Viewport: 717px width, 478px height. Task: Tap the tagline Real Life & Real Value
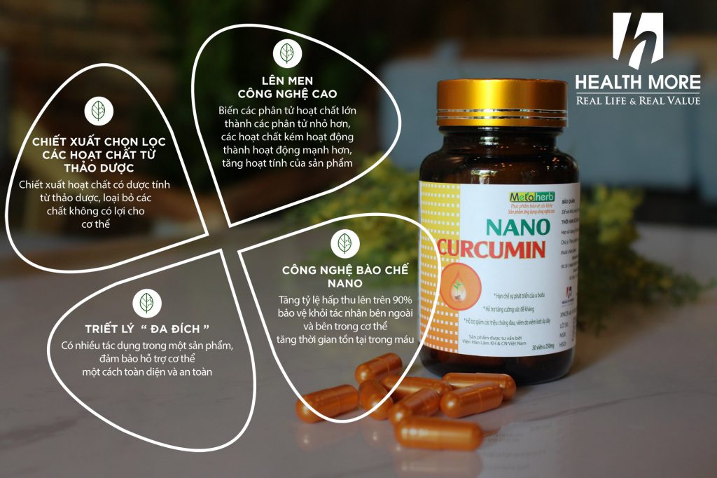click(x=637, y=100)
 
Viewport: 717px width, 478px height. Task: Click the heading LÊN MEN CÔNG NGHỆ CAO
click(x=287, y=88)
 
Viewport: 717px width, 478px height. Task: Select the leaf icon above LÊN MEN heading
click(x=287, y=53)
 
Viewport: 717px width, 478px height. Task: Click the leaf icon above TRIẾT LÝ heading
click(x=147, y=303)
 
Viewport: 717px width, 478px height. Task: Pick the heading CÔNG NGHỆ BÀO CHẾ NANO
click(x=344, y=276)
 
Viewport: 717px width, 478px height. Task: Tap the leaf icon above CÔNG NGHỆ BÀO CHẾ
click(x=344, y=243)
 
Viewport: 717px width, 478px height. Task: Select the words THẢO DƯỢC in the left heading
click(x=97, y=169)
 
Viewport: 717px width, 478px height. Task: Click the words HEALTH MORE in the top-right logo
click(x=637, y=83)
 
